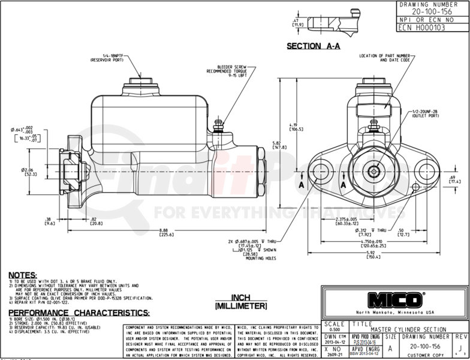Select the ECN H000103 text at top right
(x=423, y=27)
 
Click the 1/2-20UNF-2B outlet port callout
(x=426, y=113)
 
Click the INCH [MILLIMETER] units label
(x=241, y=301)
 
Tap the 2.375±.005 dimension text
(x=347, y=220)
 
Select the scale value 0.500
(x=333, y=329)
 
